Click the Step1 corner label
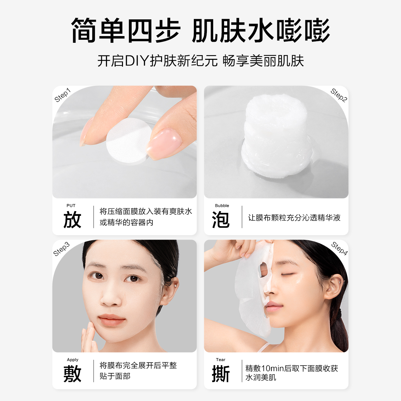(63, 95)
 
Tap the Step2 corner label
(339, 95)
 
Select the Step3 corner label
(62, 249)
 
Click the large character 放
(72, 220)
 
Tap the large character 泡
(221, 220)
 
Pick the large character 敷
(72, 374)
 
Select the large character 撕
(221, 374)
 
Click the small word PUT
(71, 206)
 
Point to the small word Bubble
(222, 206)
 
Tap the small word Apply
(73, 360)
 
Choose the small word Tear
(221, 360)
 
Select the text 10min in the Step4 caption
(272, 368)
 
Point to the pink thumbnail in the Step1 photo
(164, 142)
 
